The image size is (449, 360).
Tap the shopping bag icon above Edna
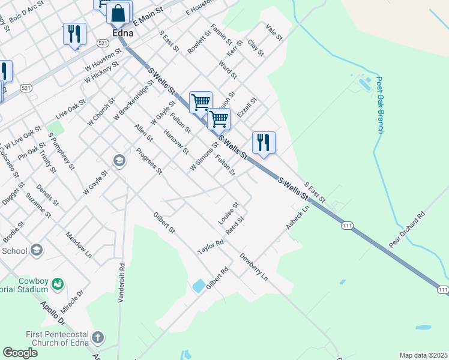(119, 13)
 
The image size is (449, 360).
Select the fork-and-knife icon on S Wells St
(264, 143)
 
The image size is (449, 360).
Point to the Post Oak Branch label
(379, 104)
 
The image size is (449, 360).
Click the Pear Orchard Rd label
(406, 229)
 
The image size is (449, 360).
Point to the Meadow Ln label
(78, 245)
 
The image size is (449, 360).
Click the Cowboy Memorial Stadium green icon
(58, 283)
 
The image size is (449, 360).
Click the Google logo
(20, 353)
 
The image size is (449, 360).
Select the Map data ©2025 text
(423, 355)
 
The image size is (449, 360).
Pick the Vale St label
(274, 32)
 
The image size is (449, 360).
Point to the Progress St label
(149, 161)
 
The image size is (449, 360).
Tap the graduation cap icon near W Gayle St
(119, 161)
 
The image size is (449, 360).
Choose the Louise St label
(229, 213)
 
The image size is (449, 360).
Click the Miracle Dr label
(71, 307)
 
